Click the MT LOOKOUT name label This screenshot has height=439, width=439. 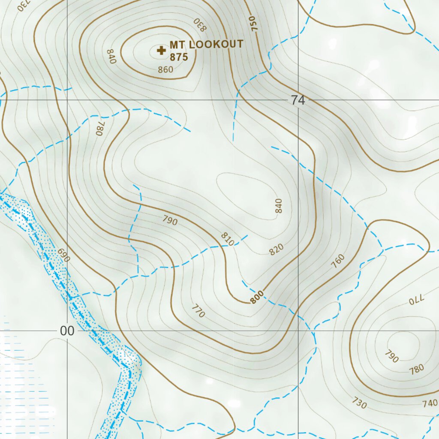click(x=206, y=45)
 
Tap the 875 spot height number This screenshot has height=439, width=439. click(x=179, y=57)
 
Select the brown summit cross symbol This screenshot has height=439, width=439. click(x=161, y=51)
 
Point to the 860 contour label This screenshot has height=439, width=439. click(x=165, y=69)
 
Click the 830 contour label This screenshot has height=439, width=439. click(x=200, y=24)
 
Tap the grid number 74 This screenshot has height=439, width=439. click(x=298, y=100)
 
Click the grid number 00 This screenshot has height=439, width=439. click(x=67, y=331)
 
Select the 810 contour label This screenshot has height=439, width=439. click(x=228, y=239)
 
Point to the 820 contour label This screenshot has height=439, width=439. click(x=277, y=250)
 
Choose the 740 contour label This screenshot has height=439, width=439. click(x=430, y=403)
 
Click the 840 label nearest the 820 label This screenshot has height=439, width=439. click(x=279, y=206)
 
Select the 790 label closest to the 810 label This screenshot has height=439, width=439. click(x=170, y=220)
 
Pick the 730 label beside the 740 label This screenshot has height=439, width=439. click(x=359, y=403)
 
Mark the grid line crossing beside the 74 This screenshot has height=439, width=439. click(x=298, y=100)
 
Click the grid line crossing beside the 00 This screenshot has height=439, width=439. click(x=67, y=331)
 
